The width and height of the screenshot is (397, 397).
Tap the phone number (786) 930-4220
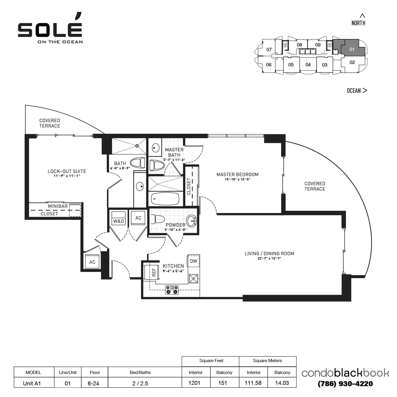click(345, 384)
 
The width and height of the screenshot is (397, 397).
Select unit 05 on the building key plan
click(291, 65)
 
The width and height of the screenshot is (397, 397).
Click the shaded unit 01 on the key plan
click(352, 49)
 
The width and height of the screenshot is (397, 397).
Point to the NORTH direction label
click(358, 23)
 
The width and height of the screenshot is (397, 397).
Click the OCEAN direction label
click(354, 91)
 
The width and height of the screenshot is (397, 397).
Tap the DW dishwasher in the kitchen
click(193, 261)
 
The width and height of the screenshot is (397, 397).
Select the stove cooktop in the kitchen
click(172, 290)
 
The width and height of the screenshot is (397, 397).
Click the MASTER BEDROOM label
click(237, 174)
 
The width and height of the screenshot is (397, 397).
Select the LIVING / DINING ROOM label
click(269, 254)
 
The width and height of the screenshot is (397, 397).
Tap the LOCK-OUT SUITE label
click(67, 171)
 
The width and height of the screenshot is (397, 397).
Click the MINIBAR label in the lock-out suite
click(58, 206)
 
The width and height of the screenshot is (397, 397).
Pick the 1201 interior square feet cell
click(194, 383)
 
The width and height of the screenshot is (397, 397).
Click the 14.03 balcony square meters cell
click(282, 383)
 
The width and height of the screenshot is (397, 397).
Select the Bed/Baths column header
click(140, 372)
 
